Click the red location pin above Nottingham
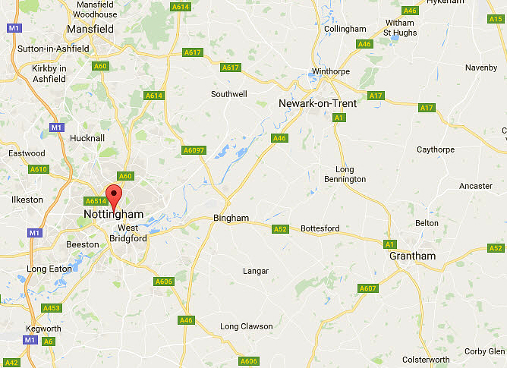(113, 194)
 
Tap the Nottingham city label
(113, 215)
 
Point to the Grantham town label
(412, 256)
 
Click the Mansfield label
(90, 29)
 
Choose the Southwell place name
(228, 95)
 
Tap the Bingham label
(231, 218)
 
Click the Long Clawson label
(246, 326)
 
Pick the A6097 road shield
(194, 150)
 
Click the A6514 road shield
(96, 201)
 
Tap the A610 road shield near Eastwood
(39, 169)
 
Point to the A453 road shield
(52, 307)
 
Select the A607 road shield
(368, 288)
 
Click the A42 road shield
(11, 363)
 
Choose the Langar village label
(255, 271)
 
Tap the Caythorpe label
(435, 149)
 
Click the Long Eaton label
(47, 269)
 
